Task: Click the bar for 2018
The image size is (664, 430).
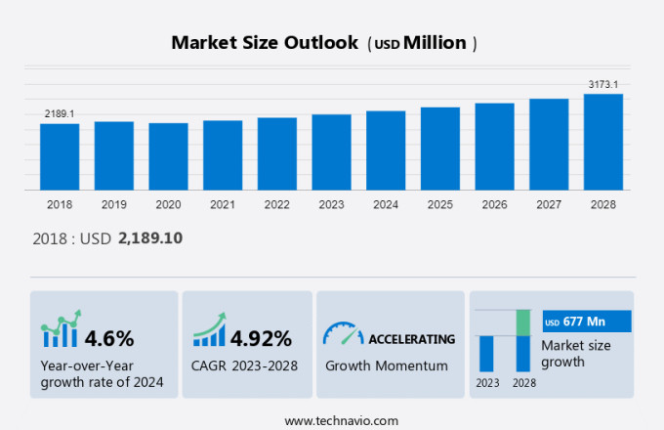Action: click(60, 156)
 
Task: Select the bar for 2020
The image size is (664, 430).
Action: click(168, 156)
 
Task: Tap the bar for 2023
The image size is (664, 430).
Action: click(331, 152)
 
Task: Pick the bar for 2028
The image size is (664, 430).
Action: click(603, 142)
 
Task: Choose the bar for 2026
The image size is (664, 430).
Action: click(494, 147)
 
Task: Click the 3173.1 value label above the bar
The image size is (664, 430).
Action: click(603, 85)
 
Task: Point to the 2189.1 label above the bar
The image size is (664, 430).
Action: click(60, 114)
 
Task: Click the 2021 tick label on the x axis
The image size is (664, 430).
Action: click(223, 205)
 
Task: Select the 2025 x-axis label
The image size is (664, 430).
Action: click(440, 205)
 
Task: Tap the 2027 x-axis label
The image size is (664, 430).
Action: click(549, 205)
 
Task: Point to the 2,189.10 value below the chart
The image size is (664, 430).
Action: click(150, 237)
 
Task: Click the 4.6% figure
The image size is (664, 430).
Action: click(109, 338)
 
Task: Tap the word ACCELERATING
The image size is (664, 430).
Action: click(411, 339)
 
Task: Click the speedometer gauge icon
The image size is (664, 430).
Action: click(343, 334)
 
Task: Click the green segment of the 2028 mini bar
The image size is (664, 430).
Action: click(523, 322)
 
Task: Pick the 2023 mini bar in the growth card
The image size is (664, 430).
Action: click(485, 353)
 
